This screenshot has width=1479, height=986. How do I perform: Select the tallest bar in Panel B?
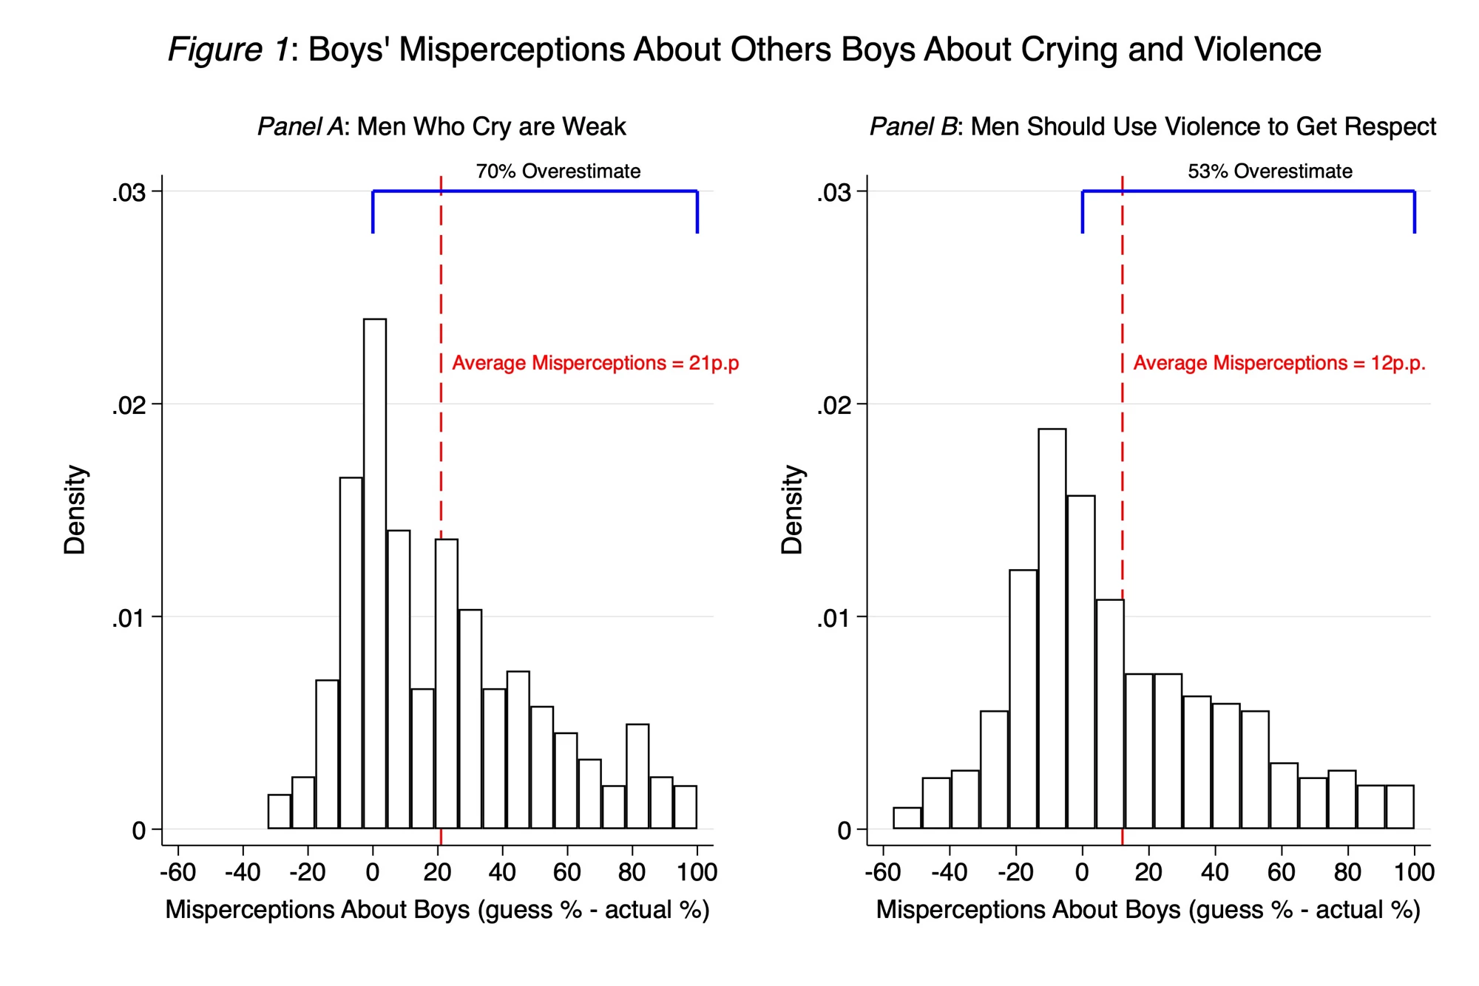tap(1052, 628)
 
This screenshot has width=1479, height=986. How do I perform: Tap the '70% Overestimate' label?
tap(558, 171)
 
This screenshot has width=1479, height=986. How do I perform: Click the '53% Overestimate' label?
tap(1270, 171)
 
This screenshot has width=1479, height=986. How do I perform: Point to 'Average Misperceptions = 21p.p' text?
tap(595, 363)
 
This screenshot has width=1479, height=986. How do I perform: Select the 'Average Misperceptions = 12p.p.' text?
tap(1279, 363)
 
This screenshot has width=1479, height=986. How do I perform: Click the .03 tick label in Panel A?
tap(129, 193)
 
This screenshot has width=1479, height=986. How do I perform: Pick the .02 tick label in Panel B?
tap(833, 406)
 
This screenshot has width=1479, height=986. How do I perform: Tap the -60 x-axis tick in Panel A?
tap(177, 872)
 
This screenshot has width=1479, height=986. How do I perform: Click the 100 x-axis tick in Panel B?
tap(1414, 872)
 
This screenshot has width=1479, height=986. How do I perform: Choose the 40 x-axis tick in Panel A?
tap(502, 872)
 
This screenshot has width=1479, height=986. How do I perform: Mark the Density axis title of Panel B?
tap(792, 510)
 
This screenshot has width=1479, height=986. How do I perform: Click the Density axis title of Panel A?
tap(75, 510)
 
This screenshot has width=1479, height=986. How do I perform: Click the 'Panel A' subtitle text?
tap(300, 127)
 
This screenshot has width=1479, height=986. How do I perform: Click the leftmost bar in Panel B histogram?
tap(907, 818)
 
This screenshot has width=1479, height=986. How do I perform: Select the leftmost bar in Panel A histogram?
tap(279, 812)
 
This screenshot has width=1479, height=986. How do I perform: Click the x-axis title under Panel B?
tap(1148, 910)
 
